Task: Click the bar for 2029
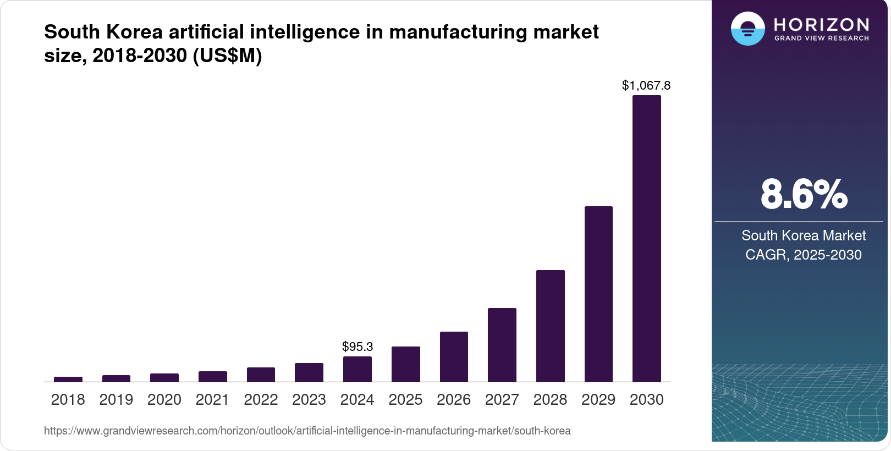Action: (598, 294)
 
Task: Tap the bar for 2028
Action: (550, 326)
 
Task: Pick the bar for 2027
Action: (502, 345)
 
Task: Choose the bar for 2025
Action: (405, 364)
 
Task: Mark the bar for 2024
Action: (357, 369)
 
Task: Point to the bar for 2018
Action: (68, 379)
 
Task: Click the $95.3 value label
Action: (358, 346)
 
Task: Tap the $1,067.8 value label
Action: (646, 85)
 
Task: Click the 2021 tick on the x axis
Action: (212, 399)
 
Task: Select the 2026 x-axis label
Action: (453, 399)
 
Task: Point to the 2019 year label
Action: (116, 399)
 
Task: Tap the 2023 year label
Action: (309, 399)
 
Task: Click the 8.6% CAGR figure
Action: (804, 194)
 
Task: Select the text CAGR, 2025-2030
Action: (803, 255)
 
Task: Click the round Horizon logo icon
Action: (747, 29)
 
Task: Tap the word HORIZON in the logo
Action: (821, 24)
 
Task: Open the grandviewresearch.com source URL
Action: (307, 431)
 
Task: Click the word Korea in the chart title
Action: (134, 32)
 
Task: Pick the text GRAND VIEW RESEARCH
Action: (821, 38)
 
